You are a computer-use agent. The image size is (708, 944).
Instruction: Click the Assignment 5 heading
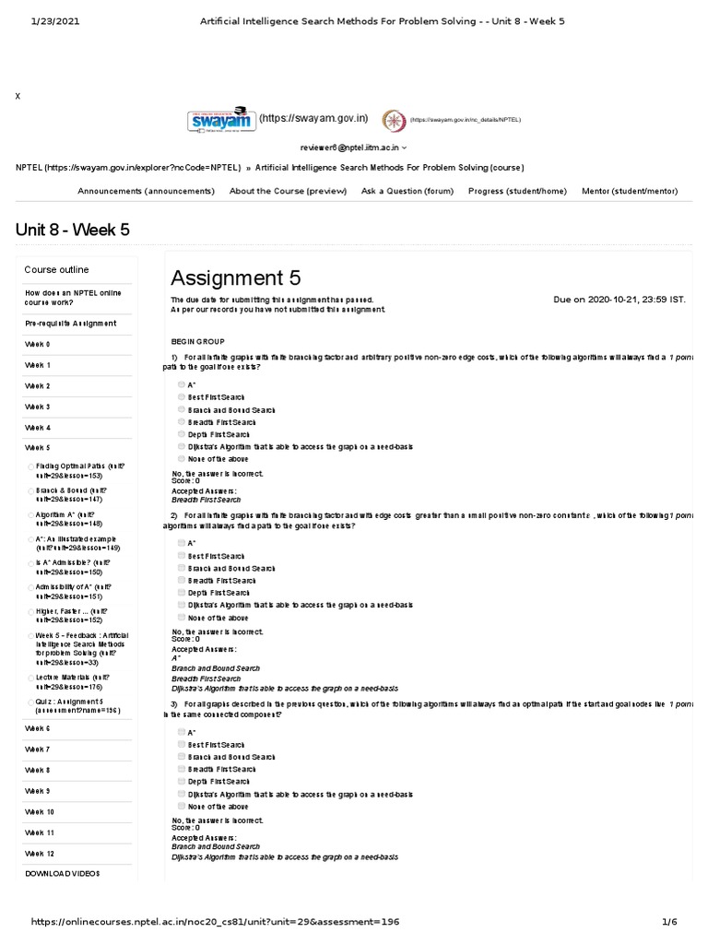pyautogui.click(x=235, y=277)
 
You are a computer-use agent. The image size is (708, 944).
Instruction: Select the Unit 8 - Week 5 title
pyautogui.click(x=73, y=230)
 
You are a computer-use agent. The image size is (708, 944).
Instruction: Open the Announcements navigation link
pyautogui.click(x=146, y=191)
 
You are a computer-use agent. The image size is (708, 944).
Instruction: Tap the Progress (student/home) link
pyautogui.click(x=517, y=191)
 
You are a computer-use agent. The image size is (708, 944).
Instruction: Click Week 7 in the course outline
pyautogui.click(x=38, y=749)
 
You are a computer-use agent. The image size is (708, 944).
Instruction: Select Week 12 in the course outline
pyautogui.click(x=40, y=854)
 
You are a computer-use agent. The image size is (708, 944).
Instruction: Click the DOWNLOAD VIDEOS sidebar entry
pyautogui.click(x=63, y=872)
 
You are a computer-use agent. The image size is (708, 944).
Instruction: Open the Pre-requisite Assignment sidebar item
pyautogui.click(x=70, y=324)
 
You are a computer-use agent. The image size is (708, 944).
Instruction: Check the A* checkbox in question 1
pyautogui.click(x=182, y=384)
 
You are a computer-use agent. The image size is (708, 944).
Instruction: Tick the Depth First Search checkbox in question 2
pyautogui.click(x=182, y=593)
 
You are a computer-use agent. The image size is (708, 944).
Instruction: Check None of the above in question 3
pyautogui.click(x=182, y=806)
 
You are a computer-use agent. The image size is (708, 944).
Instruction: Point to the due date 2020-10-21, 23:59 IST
pyautogui.click(x=619, y=300)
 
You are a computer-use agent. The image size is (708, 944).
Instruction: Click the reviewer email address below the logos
pyautogui.click(x=350, y=147)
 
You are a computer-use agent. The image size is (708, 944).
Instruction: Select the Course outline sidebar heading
pyautogui.click(x=56, y=270)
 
